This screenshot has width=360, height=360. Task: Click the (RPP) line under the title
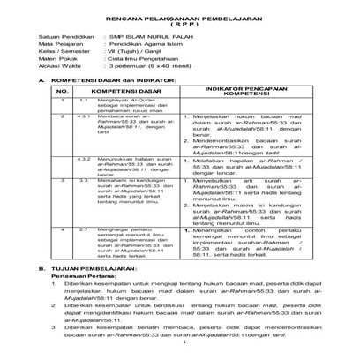coord(179,24)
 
